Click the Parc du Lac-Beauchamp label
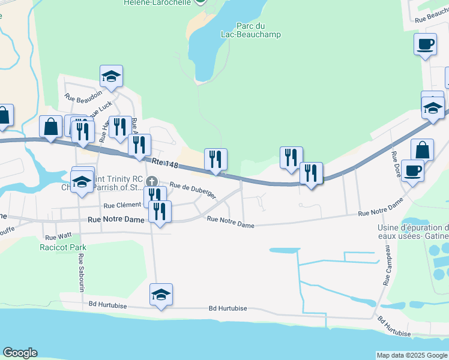tap(258, 30)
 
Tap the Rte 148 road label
tap(165, 163)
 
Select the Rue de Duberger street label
tap(192, 190)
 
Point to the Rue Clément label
tap(122, 205)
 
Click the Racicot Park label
tap(63, 247)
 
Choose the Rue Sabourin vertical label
tap(81, 272)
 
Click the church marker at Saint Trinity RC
tap(152, 181)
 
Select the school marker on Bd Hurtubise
tap(161, 295)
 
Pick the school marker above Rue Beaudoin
tap(111, 76)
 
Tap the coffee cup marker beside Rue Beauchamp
tap(425, 44)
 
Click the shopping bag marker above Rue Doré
tap(422, 150)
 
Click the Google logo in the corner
tap(19, 353)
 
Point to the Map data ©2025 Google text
tap(412, 355)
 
